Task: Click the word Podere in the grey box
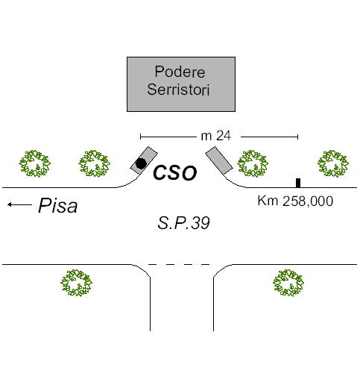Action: point(180,72)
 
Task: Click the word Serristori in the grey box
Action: point(178,90)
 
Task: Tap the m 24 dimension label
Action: point(215,136)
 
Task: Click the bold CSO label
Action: point(175,172)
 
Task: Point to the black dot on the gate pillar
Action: point(141,163)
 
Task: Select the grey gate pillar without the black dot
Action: point(219,160)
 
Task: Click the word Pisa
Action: point(57,205)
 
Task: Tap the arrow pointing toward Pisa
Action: point(19,204)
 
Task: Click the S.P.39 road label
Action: point(183,223)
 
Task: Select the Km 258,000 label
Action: point(295,201)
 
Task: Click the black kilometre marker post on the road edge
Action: point(298,183)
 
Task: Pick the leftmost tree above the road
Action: point(35,163)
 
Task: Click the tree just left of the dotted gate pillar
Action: point(94,163)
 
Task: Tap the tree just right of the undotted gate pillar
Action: point(253,163)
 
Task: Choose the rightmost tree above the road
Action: point(333,163)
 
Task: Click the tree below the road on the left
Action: point(77,283)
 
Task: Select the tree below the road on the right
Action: point(288,283)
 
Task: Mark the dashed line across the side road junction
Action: point(179,264)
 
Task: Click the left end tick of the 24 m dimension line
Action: point(141,137)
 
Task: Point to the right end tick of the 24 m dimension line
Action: point(298,137)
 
